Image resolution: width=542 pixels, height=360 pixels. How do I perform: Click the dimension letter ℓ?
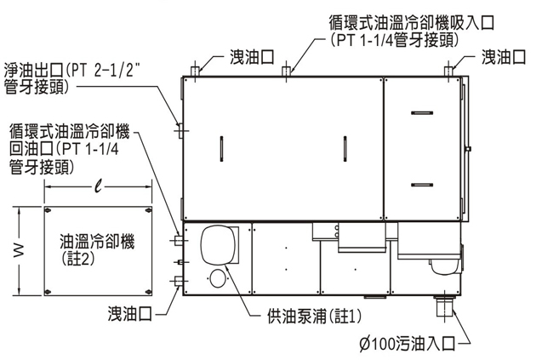click(x=99, y=187)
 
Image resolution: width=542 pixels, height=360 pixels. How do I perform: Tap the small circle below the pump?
click(x=219, y=278)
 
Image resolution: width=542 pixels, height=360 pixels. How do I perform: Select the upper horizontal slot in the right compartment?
click(x=421, y=113)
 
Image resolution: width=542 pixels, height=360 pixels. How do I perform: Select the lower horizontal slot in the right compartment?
click(x=421, y=184)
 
